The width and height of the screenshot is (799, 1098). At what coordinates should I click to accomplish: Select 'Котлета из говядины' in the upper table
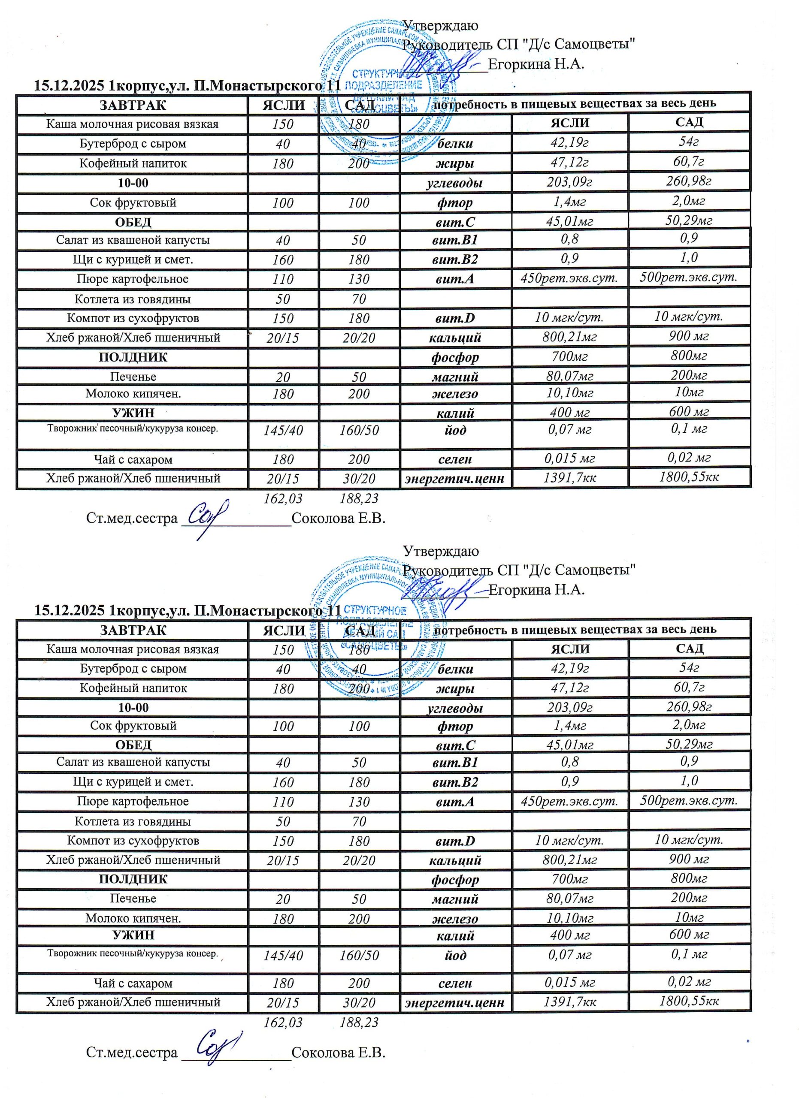pyautogui.click(x=133, y=299)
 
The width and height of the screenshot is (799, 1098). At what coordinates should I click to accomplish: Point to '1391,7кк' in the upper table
pyautogui.click(x=569, y=478)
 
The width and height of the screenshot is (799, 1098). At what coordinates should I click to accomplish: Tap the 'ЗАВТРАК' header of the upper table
pyautogui.click(x=133, y=105)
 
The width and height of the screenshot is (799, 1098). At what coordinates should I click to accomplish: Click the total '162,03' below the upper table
pyautogui.click(x=283, y=498)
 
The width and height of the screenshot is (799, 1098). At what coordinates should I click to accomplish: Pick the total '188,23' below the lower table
pyautogui.click(x=359, y=1023)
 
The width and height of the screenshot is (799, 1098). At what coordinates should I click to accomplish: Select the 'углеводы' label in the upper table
pyautogui.click(x=455, y=183)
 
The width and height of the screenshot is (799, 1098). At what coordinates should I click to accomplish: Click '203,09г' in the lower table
pyautogui.click(x=570, y=707)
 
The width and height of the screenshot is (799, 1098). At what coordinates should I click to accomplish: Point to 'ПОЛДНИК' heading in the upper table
pyautogui.click(x=133, y=357)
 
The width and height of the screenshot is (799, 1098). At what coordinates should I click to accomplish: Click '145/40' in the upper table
pyautogui.click(x=283, y=430)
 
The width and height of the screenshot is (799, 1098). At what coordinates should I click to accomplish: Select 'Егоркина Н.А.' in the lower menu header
pyautogui.click(x=536, y=590)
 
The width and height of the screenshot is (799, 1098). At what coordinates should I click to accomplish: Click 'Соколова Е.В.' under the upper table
pyautogui.click(x=339, y=519)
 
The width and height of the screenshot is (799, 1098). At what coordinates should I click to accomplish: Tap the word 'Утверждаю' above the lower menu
pyautogui.click(x=441, y=551)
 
